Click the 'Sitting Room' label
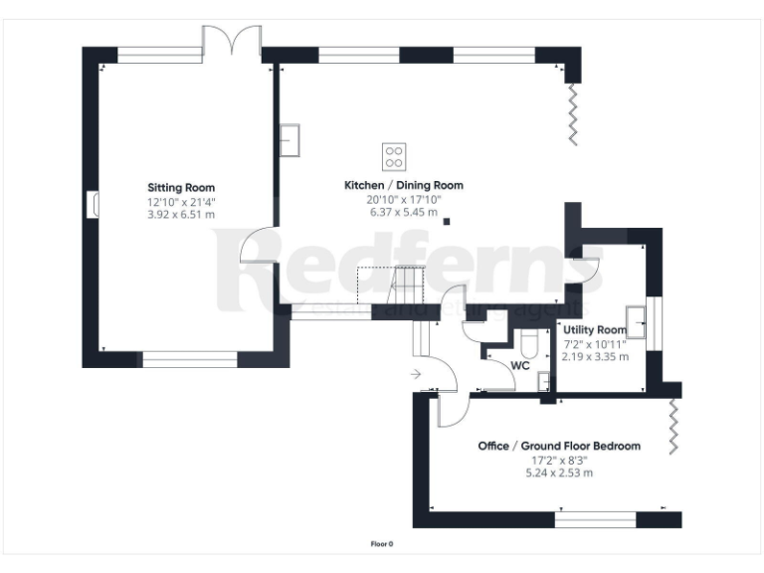181,187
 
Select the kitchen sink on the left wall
290,140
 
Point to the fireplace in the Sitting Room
95,203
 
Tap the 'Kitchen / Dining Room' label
403,185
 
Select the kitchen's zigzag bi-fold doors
573,114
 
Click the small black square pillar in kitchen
447,221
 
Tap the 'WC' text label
519,365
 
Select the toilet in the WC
530,344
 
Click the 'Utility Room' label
594,329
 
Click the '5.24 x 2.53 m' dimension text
559,473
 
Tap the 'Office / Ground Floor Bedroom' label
559,447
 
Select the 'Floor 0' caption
382,544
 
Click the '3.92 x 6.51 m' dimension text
181,213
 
